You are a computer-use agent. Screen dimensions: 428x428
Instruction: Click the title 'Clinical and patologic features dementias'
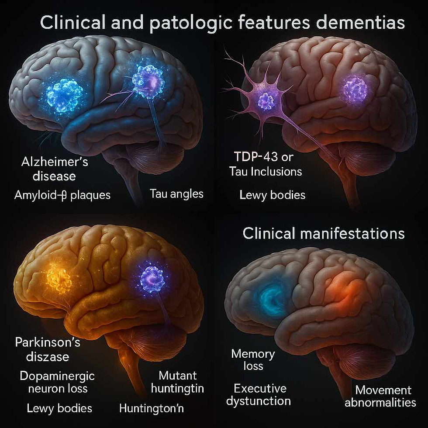pos(223,23)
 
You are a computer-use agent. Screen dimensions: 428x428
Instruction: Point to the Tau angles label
pos(176,193)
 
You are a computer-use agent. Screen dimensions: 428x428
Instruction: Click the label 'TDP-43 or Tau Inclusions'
pos(266,163)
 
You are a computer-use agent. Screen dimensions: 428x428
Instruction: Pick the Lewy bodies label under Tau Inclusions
pos(272,195)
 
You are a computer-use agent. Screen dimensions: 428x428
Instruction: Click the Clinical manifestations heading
pos(323,233)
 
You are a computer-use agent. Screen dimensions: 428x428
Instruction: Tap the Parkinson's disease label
pos(48,349)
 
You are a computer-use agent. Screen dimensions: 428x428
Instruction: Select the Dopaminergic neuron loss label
pos(57,382)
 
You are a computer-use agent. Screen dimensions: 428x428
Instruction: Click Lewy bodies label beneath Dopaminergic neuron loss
pos(59,408)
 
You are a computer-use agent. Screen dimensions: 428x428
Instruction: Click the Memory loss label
pos(253,359)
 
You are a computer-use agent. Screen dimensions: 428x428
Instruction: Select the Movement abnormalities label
pos(380,396)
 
